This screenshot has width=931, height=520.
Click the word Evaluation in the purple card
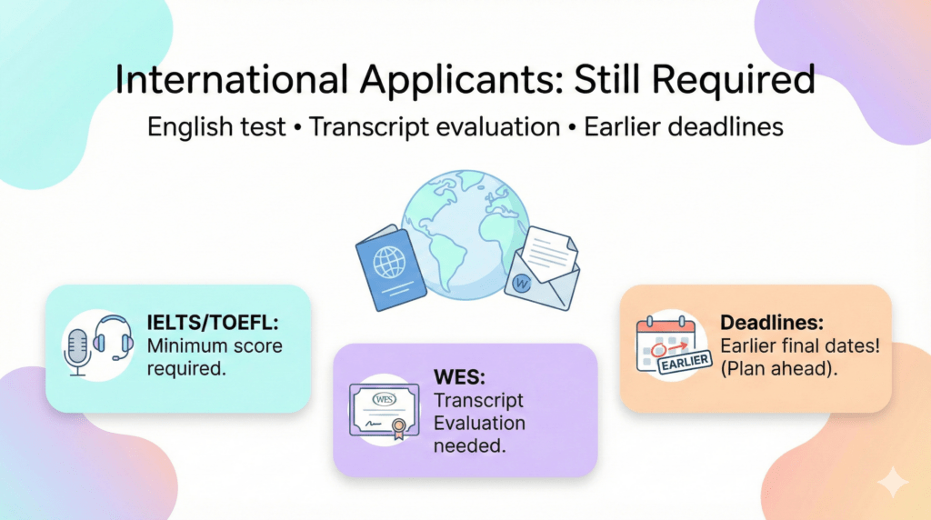pos(479,423)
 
